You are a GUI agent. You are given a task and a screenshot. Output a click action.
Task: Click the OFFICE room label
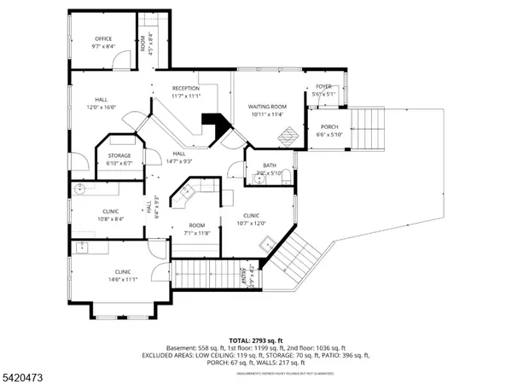coord(103,38)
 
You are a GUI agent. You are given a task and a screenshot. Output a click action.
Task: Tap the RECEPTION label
coord(185,89)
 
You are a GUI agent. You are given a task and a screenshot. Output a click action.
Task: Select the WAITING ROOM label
coord(267,106)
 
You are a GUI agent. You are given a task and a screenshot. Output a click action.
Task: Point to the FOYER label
coord(323,86)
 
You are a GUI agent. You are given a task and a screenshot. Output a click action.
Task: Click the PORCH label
coord(329,126)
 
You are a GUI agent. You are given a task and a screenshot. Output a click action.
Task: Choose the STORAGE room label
coord(119,155)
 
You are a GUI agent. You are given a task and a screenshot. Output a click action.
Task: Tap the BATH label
coord(269,166)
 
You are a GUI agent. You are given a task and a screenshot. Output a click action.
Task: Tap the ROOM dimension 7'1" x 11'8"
coord(198,233)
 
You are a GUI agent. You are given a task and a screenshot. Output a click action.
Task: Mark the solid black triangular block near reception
coord(213,126)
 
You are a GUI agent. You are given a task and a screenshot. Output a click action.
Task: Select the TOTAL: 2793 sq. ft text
coord(255,340)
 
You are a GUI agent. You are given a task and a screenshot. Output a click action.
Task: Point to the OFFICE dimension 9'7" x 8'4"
coord(103,46)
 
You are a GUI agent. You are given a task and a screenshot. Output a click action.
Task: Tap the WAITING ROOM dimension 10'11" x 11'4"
coord(267,113)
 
